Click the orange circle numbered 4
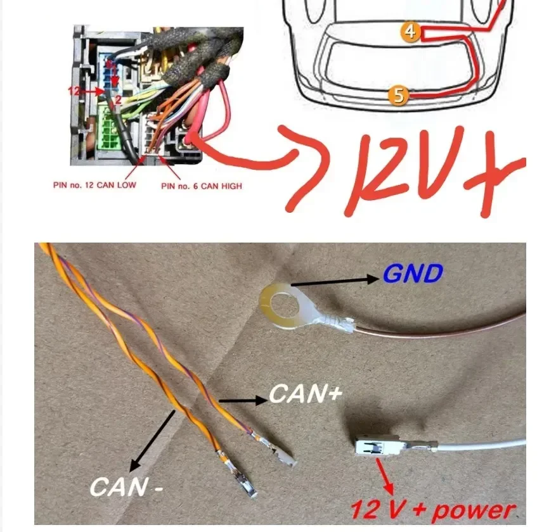coord(411,32)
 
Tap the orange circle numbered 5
coord(398,95)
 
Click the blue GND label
coord(413,274)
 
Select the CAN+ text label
coord(306,394)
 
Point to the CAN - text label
coord(126,487)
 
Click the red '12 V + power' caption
coord(433,510)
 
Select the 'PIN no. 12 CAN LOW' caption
coord(94,185)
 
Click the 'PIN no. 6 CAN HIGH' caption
coord(202,186)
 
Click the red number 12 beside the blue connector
coord(74,91)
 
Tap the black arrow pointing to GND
coord(335,282)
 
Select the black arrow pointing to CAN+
coord(243,401)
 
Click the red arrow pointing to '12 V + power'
coord(385,476)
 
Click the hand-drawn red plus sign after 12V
coord(495,174)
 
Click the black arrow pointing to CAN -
coord(152,441)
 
